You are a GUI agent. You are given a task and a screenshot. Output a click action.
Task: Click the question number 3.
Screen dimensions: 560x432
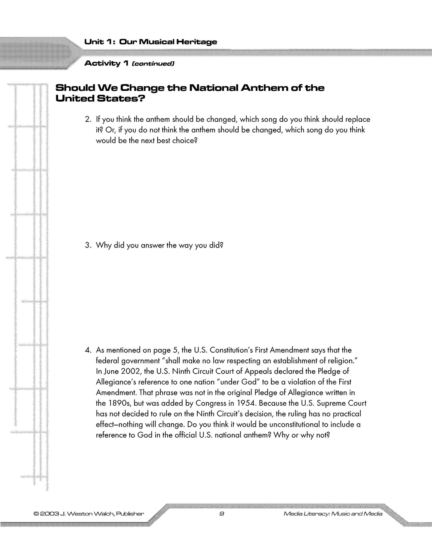click(87, 246)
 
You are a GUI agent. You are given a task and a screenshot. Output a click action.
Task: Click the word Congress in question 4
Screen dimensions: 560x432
click(211, 403)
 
